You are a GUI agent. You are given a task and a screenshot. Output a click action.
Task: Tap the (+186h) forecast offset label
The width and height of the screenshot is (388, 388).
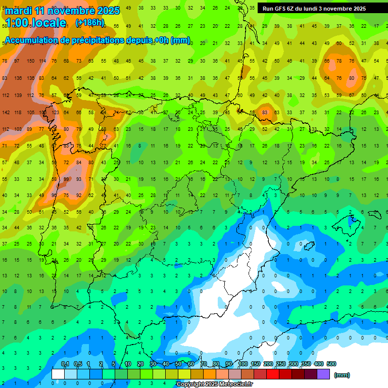(x=90, y=23)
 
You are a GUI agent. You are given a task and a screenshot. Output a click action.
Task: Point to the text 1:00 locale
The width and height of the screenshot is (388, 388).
(x=35, y=23)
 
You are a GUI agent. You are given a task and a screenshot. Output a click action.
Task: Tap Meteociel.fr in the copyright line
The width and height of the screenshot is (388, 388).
(x=233, y=384)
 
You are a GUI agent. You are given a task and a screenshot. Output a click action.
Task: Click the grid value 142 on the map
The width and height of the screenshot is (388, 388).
(x=6, y=113)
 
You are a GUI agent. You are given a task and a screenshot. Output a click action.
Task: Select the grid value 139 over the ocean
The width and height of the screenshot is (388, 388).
(x=18, y=95)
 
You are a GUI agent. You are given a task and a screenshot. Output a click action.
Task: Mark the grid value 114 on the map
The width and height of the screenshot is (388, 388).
(x=43, y=61)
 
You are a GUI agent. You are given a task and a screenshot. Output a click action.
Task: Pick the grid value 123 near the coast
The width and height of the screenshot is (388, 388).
(x=55, y=113)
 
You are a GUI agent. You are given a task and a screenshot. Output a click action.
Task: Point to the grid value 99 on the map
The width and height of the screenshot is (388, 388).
(x=66, y=179)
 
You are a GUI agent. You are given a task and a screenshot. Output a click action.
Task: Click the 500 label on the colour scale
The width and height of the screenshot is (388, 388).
(x=331, y=364)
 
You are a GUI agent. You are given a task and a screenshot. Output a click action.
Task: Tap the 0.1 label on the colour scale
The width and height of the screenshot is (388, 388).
(x=65, y=364)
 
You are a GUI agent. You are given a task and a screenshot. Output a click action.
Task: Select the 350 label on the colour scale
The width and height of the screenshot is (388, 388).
(x=306, y=364)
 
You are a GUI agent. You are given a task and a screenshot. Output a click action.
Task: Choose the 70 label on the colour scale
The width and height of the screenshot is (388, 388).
(x=204, y=364)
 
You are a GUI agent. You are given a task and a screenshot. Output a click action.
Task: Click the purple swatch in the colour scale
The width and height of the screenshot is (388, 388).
(x=323, y=374)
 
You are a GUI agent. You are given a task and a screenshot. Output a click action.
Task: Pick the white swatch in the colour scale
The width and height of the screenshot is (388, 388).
(x=58, y=374)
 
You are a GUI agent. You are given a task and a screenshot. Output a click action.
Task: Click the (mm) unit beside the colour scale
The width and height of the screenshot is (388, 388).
(x=343, y=375)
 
